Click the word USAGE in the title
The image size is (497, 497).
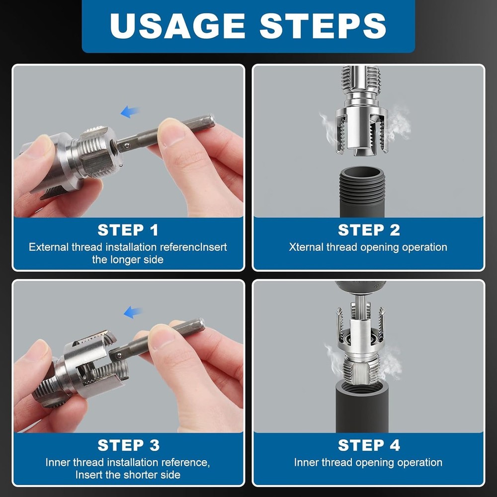point(177,25)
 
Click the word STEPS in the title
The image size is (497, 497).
point(323,25)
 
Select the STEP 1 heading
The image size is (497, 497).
point(128,230)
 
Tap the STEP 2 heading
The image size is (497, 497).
point(368,230)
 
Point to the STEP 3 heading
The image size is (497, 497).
point(128,445)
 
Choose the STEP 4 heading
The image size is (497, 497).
point(368,445)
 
